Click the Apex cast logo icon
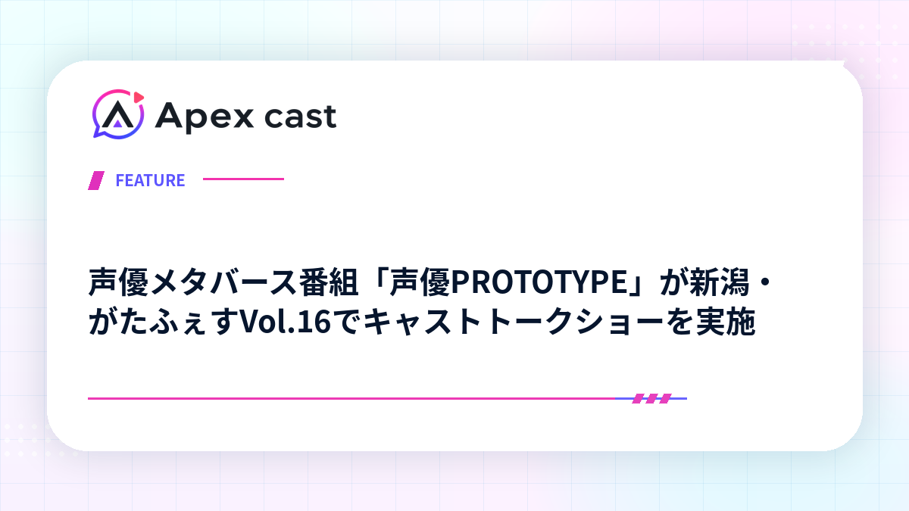118,114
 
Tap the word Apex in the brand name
204,117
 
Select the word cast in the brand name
300,117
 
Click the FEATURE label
150,180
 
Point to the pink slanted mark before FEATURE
96,180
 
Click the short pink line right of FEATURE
243,179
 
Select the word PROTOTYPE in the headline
539,282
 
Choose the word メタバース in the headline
223,282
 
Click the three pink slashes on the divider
651,399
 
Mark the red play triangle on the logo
139,98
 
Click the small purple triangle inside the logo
117,123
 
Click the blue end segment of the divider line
651,399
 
